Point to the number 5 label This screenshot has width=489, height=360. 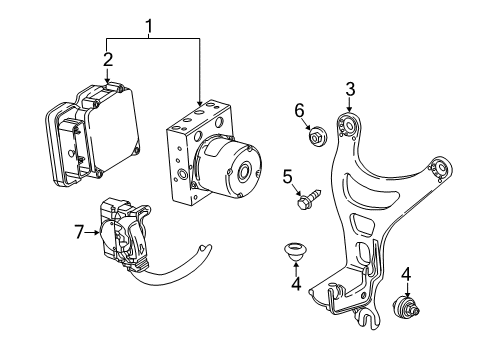tap(286, 179)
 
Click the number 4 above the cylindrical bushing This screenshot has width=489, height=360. tap(405, 273)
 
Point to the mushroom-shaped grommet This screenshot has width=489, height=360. tap(295, 250)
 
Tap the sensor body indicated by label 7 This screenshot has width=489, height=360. tap(125, 235)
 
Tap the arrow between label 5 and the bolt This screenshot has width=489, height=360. tap(297, 190)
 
